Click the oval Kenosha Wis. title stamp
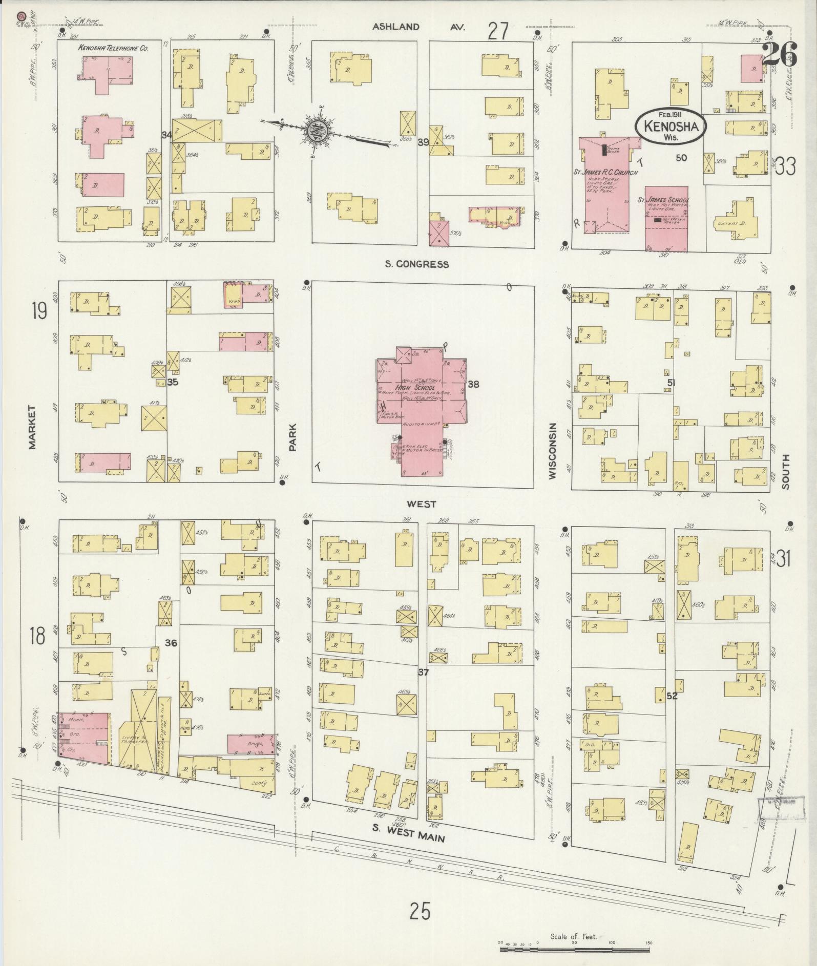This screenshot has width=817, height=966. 671,125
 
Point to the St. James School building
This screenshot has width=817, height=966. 666,218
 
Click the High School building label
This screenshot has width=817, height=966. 416,388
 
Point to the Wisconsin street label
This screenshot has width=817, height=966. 552,451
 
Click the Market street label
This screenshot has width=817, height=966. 32,427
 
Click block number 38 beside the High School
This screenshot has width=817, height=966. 473,384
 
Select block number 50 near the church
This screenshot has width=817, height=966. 681,158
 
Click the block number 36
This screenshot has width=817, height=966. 171,642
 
